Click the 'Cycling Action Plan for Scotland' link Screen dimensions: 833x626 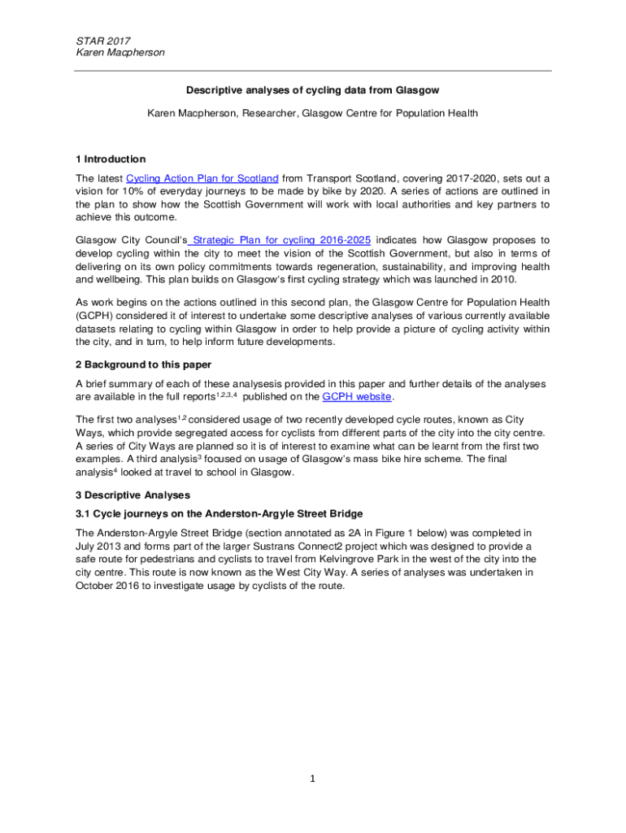tap(202, 178)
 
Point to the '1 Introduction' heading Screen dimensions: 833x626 tap(111, 159)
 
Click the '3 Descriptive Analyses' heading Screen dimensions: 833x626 tap(133, 495)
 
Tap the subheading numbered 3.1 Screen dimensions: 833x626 tap(219, 514)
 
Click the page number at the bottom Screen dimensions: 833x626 tap(311, 779)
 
